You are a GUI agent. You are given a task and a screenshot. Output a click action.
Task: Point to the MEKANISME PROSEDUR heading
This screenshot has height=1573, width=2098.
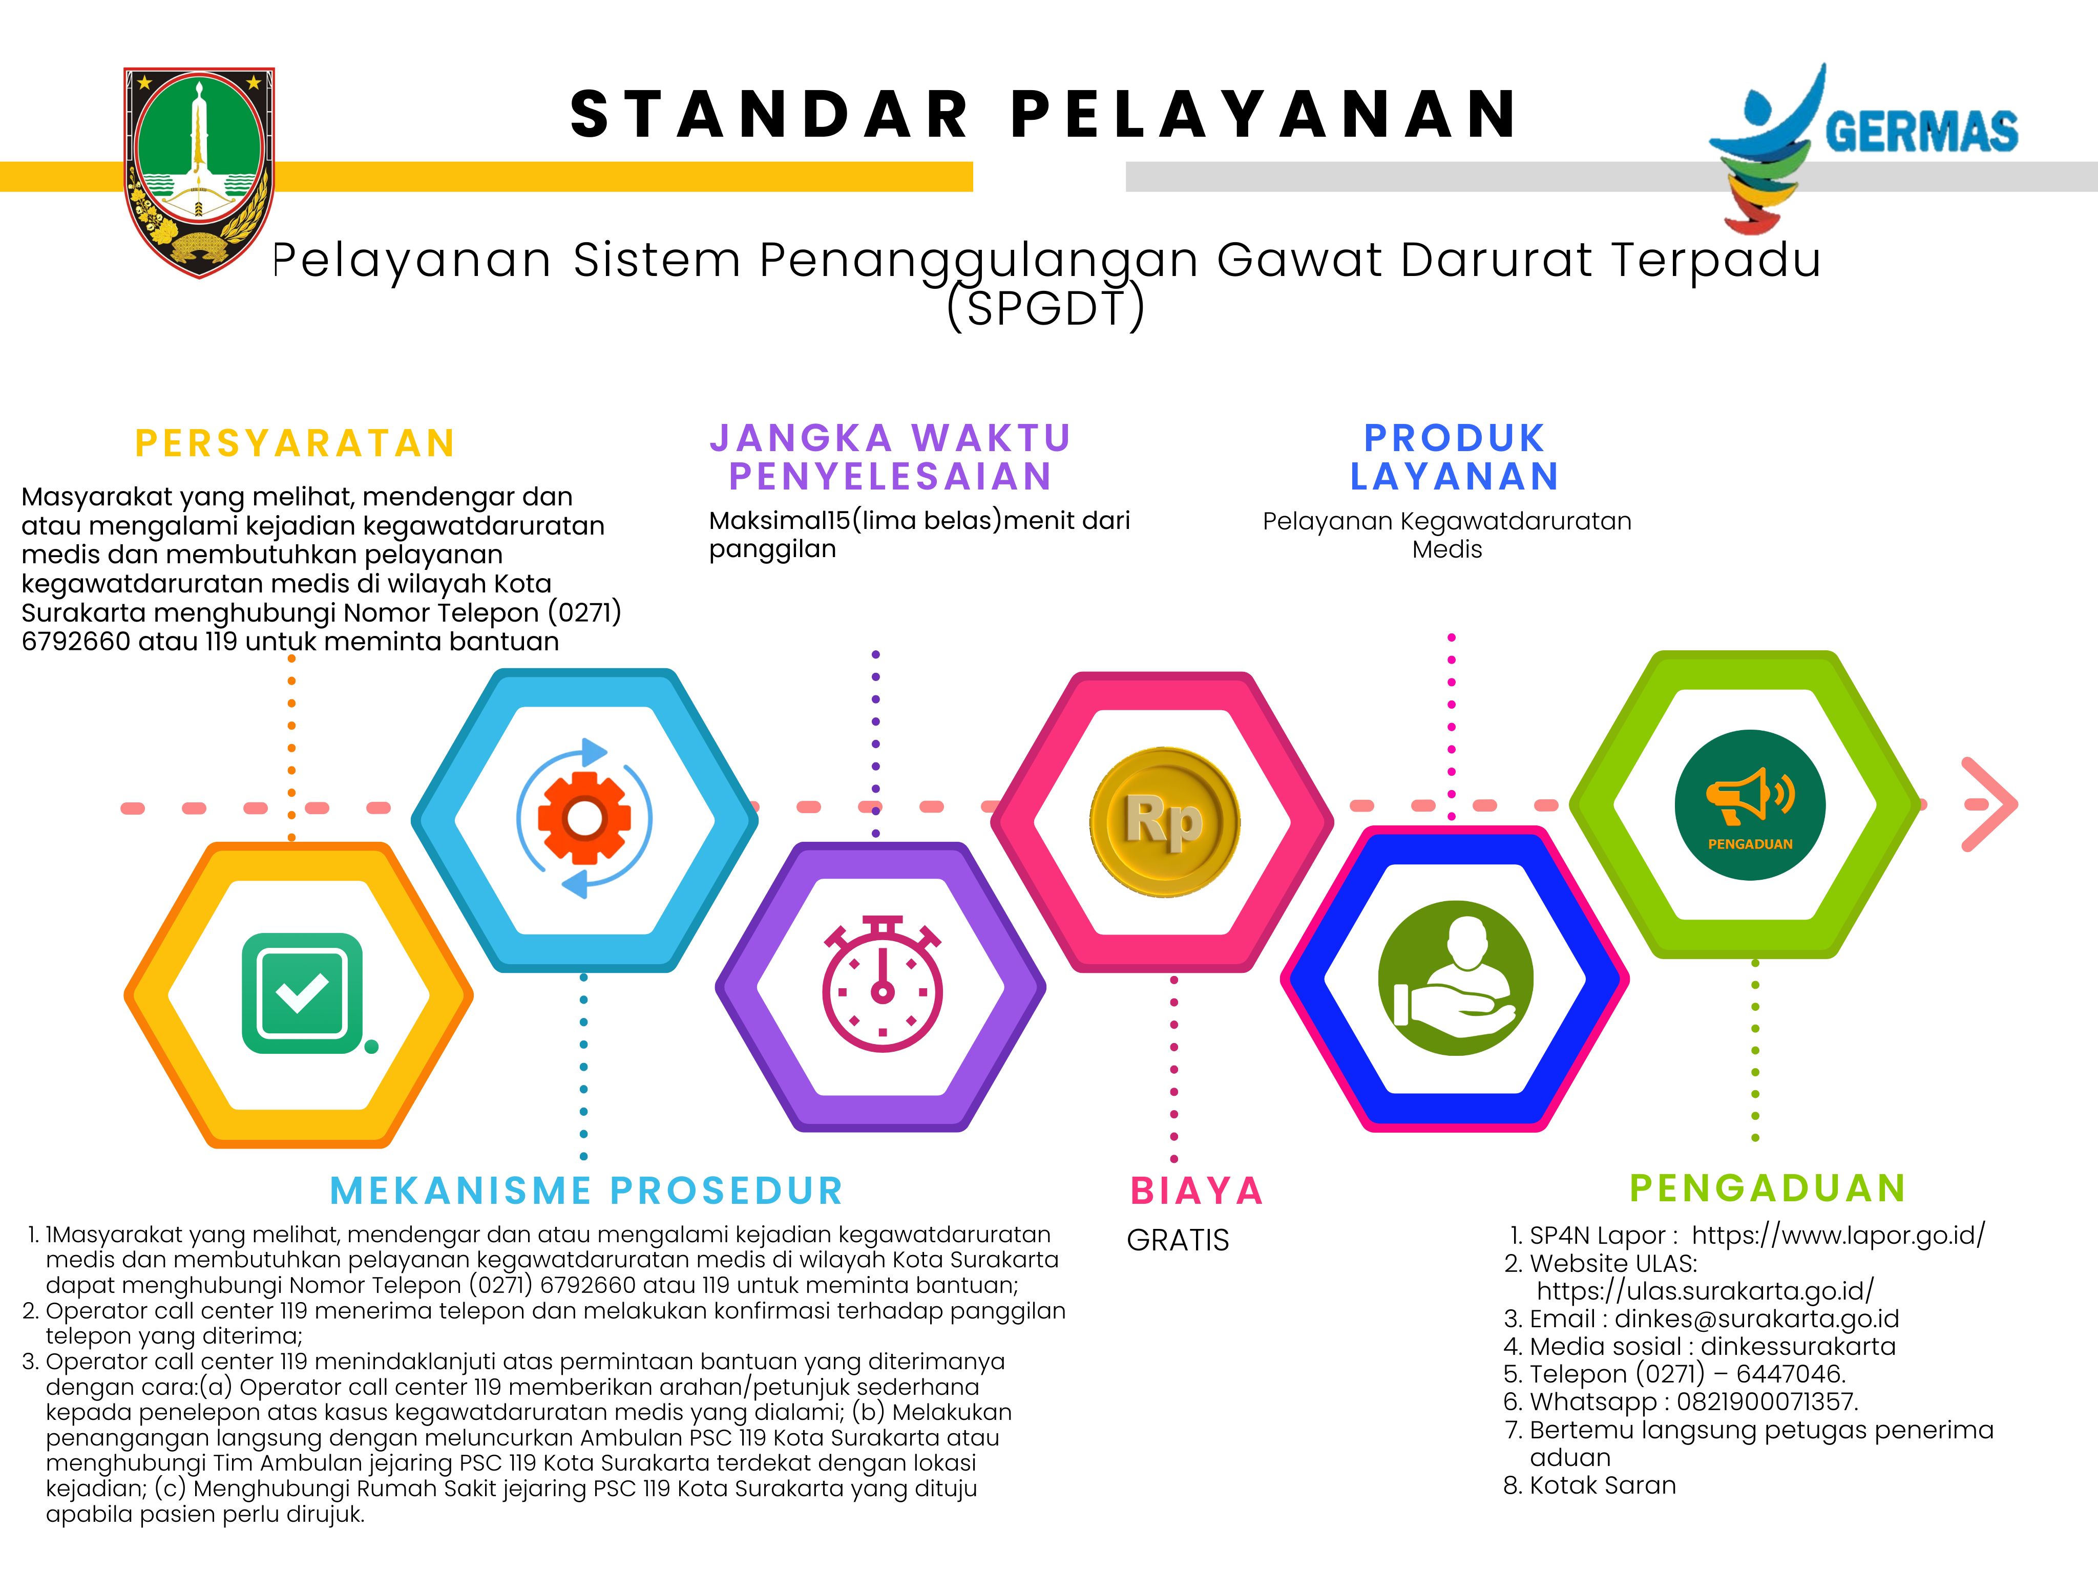pyautogui.click(x=586, y=1191)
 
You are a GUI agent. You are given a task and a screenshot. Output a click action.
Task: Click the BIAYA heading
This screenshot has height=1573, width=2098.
pyautogui.click(x=1197, y=1191)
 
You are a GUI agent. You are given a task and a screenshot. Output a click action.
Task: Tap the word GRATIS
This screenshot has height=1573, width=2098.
pyautogui.click(x=1178, y=1240)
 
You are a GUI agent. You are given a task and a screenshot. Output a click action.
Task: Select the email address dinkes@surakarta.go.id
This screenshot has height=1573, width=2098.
pyautogui.click(x=1756, y=1319)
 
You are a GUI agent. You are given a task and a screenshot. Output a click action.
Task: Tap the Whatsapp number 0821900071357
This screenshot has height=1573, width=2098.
pyautogui.click(x=1767, y=1401)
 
